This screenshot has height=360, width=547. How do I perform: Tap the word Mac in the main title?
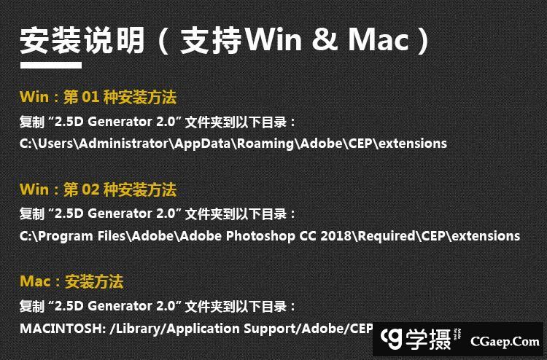click(378, 41)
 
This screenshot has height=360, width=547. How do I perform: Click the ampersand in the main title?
click(325, 41)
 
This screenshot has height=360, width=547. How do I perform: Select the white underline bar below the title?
click(50, 66)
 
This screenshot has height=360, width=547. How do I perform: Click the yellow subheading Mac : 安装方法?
click(71, 282)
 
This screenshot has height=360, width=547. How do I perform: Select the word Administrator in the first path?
click(124, 143)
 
